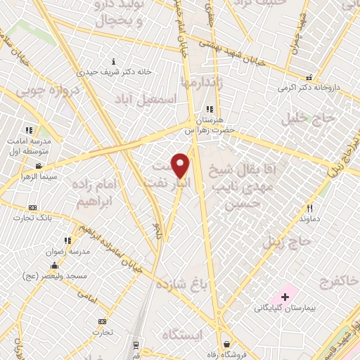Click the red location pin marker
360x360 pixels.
point(181,165)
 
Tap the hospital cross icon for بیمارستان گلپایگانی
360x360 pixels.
point(285,297)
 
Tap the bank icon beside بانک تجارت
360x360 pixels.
point(32,208)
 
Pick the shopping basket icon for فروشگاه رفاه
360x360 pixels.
point(226,345)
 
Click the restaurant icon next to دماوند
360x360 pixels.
point(309,208)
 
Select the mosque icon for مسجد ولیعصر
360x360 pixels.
point(54,266)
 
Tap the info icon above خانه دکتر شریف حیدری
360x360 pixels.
point(114,61)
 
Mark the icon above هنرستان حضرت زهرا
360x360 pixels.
point(209,109)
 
